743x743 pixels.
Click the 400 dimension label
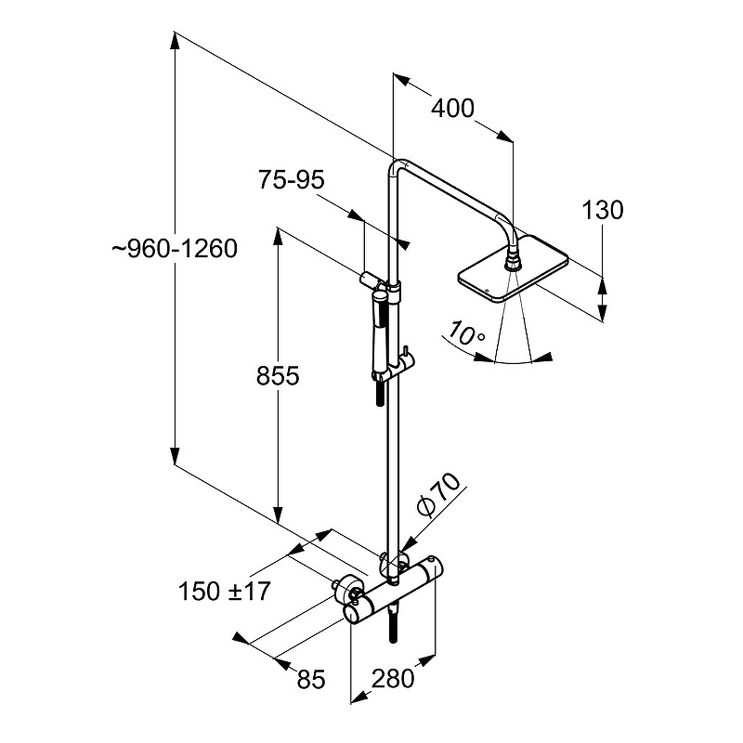pos(452,109)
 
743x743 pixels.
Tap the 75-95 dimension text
pos(292,180)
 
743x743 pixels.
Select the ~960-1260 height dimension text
pos(175,249)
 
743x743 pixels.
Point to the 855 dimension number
pos(278,376)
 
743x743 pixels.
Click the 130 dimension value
pos(602,210)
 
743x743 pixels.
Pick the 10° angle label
pos(466,333)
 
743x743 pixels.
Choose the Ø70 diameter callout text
pos(438,494)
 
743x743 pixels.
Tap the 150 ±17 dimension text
pos(224,592)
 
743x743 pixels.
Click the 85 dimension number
pos(311,679)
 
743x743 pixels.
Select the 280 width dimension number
pos(393,678)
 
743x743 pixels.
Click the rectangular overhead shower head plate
pos(513,267)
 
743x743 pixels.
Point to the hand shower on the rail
pos(380,332)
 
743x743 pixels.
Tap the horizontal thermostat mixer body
pos(395,589)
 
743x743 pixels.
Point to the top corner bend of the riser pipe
pos(397,166)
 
